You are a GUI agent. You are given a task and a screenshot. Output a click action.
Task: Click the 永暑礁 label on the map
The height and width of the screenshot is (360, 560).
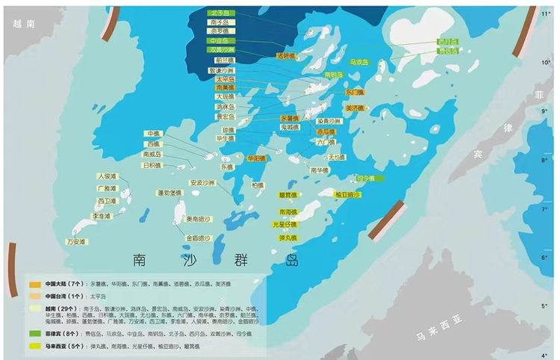coord(290,118)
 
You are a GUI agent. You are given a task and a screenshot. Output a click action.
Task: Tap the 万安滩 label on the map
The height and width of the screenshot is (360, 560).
coord(77,242)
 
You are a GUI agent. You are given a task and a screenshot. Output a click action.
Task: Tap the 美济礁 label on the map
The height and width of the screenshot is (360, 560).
coord(354,108)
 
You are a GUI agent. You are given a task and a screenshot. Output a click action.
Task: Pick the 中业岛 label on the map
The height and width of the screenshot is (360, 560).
coord(223,41)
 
